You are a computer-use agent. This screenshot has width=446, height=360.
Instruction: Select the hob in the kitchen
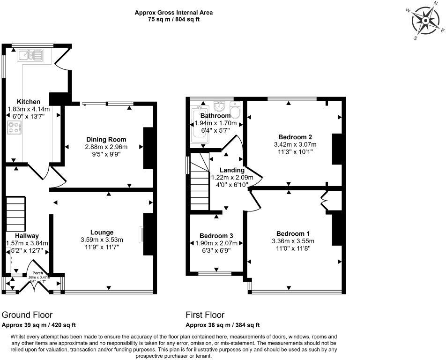(15, 127)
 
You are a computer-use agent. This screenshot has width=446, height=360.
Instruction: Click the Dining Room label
(106, 139)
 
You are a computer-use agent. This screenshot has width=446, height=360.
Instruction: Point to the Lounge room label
(102, 232)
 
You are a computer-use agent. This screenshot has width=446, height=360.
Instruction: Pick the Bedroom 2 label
(295, 136)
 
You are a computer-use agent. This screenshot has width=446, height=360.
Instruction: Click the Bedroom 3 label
(216, 235)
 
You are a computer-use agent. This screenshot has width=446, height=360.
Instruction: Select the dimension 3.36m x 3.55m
(293, 241)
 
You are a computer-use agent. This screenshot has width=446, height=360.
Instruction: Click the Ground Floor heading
(27, 315)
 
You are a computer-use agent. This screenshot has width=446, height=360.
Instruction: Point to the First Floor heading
(205, 315)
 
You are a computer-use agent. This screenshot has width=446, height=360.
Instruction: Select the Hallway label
(27, 236)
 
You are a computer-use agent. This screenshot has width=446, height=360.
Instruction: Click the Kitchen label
(29, 102)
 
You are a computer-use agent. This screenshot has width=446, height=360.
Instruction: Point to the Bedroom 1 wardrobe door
(324, 201)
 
